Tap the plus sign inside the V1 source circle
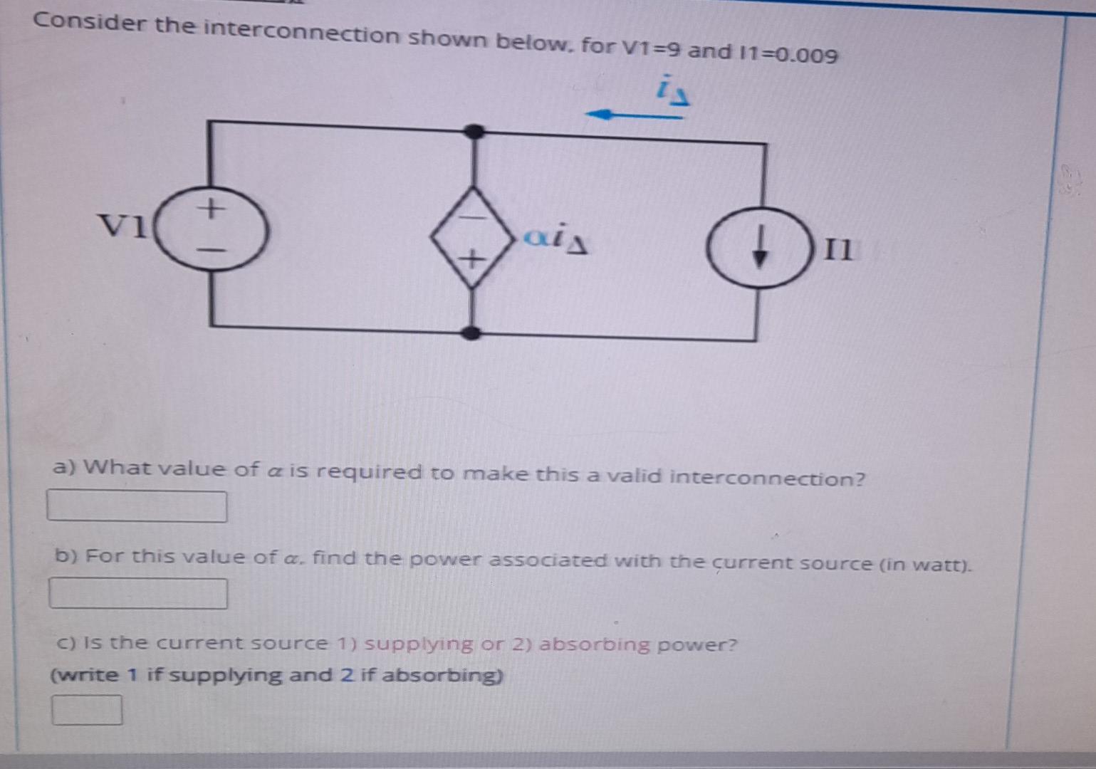210,209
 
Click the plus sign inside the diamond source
470,259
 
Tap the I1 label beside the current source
837,250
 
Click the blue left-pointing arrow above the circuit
632,115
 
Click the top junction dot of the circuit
474,131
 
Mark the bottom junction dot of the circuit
470,333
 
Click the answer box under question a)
137,506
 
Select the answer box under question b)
138,594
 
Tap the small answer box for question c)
87,710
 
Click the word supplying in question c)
418,644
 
